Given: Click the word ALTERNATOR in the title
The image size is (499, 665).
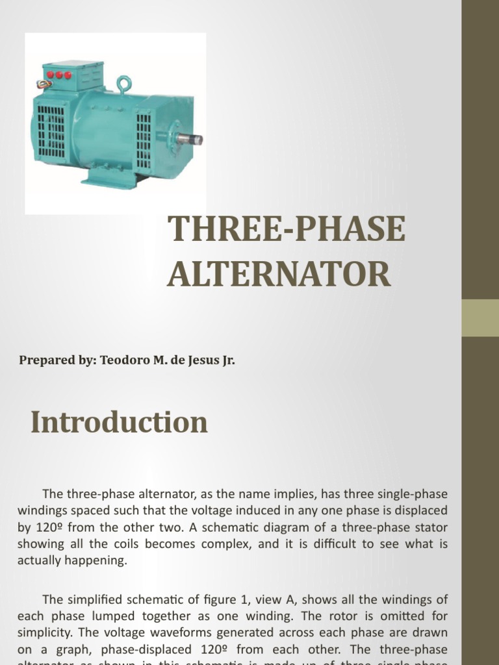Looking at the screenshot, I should click(279, 273).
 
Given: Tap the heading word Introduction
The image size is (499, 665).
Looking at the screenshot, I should click(119, 423).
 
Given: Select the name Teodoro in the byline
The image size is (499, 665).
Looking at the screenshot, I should click(124, 360).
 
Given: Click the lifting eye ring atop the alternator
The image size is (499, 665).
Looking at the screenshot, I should click(123, 83).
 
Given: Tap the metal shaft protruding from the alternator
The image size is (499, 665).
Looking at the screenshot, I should click(190, 139).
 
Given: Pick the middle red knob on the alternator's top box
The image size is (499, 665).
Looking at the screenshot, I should click(58, 75).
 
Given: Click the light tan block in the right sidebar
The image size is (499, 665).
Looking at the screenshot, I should click(480, 318).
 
